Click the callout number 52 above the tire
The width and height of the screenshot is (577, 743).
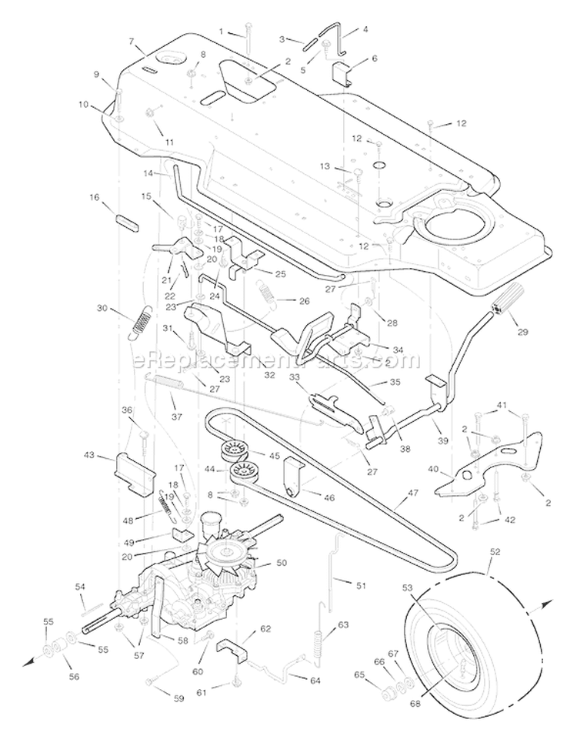tap(495, 552)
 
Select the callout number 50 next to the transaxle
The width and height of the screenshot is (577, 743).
tap(282, 563)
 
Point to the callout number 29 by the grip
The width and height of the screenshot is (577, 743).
tap(522, 332)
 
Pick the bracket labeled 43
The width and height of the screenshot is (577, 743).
tap(135, 474)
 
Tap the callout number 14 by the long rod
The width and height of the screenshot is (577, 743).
tap(148, 173)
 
